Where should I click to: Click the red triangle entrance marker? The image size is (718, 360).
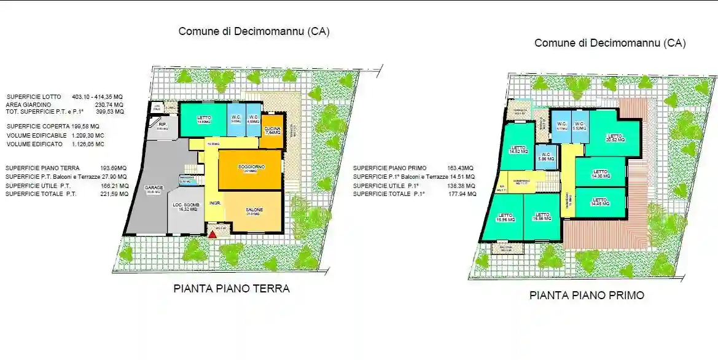click(x=213, y=234)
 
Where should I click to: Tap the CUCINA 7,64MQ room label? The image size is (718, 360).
click(x=273, y=130)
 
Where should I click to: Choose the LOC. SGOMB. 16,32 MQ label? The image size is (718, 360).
click(x=185, y=208)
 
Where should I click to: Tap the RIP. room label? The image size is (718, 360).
click(x=162, y=125)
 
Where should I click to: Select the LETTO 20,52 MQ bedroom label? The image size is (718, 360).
click(x=615, y=138)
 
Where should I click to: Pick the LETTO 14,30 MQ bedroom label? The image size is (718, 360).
click(x=600, y=174)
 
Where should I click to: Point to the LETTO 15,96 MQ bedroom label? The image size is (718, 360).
click(x=505, y=217)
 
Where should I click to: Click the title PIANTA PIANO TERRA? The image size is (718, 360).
click(x=232, y=288)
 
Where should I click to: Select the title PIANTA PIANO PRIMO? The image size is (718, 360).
click(x=587, y=295)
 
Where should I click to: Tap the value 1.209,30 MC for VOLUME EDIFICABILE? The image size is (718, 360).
click(x=88, y=135)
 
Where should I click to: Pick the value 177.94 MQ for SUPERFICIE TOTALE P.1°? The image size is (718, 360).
click(x=464, y=194)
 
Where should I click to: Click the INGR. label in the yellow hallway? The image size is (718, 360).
click(x=215, y=203)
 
